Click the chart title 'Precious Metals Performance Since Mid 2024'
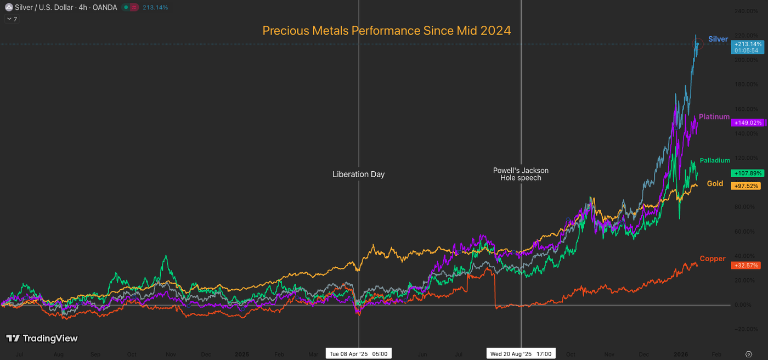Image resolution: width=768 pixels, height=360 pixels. pyautogui.click(x=387, y=31)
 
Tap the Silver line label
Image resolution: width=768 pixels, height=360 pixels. pyautogui.click(x=718, y=39)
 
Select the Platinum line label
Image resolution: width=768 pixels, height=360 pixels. pyautogui.click(x=714, y=117)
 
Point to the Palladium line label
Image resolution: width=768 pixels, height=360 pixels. pyautogui.click(x=715, y=160)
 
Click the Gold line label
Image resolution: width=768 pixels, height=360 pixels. pyautogui.click(x=715, y=184)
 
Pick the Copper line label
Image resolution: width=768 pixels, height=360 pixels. pyautogui.click(x=713, y=258)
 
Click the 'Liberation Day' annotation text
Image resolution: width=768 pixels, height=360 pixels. pyautogui.click(x=359, y=175)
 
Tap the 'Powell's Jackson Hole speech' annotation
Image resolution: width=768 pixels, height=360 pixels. pyautogui.click(x=521, y=174)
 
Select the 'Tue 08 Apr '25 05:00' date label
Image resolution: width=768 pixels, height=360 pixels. pyautogui.click(x=358, y=354)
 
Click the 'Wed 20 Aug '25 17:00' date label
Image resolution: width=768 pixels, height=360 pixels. pyautogui.click(x=521, y=354)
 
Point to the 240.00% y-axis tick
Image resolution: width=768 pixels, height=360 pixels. pyautogui.click(x=747, y=11)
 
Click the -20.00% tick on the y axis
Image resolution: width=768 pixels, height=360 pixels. pyautogui.click(x=747, y=329)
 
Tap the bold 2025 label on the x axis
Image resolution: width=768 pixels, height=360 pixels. pyautogui.click(x=242, y=355)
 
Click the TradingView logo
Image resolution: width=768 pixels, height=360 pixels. pyautogui.click(x=42, y=339)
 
